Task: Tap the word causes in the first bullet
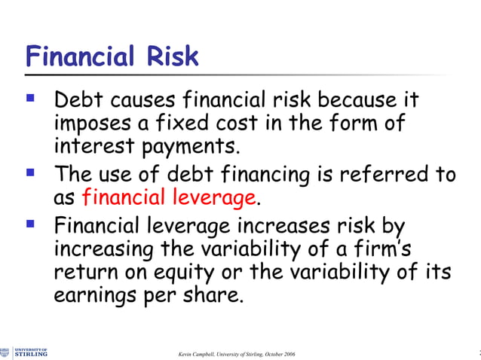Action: click(x=146, y=100)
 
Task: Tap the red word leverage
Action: click(x=219, y=198)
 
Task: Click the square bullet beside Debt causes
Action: click(x=30, y=99)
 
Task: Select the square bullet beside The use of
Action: click(x=30, y=174)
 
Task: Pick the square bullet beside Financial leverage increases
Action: click(x=30, y=225)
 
